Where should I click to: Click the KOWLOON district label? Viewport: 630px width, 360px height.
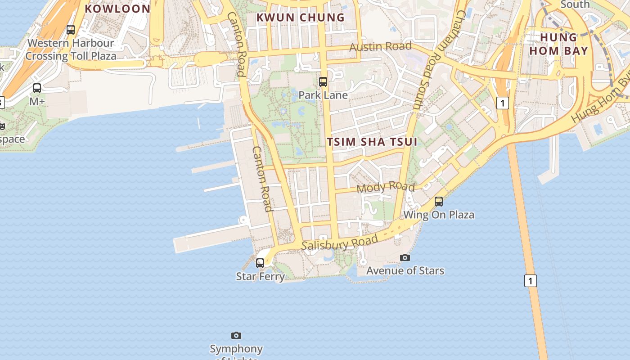pyautogui.click(x=117, y=9)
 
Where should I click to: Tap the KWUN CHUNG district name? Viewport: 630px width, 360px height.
pyautogui.click(x=300, y=18)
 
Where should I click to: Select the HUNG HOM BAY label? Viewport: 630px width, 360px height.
pyautogui.click(x=558, y=44)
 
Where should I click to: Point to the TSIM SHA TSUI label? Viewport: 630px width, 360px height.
pyautogui.click(x=372, y=142)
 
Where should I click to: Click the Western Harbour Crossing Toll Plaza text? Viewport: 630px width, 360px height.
pyautogui.click(x=71, y=50)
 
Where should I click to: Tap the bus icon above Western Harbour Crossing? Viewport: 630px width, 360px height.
pyautogui.click(x=71, y=30)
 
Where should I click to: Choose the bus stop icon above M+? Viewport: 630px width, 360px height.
pyautogui.click(x=37, y=88)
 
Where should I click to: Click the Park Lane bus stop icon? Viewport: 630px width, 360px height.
pyautogui.click(x=323, y=81)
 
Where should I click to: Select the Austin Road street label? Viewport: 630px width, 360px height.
pyautogui.click(x=380, y=46)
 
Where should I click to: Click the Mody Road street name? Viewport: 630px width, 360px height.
pyautogui.click(x=386, y=187)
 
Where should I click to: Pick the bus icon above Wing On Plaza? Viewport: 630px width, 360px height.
pyautogui.click(x=439, y=201)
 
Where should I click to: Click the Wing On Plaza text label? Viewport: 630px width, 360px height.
pyautogui.click(x=439, y=215)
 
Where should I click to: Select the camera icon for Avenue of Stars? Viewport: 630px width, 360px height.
pyautogui.click(x=405, y=257)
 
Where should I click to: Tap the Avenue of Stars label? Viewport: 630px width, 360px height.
pyautogui.click(x=405, y=270)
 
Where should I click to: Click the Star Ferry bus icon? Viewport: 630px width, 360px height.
pyautogui.click(x=260, y=263)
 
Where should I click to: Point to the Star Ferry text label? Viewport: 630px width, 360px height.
pyautogui.click(x=260, y=276)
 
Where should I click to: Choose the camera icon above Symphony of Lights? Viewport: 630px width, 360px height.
pyautogui.click(x=236, y=335)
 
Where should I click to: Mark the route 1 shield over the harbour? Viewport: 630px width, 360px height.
pyautogui.click(x=531, y=281)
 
